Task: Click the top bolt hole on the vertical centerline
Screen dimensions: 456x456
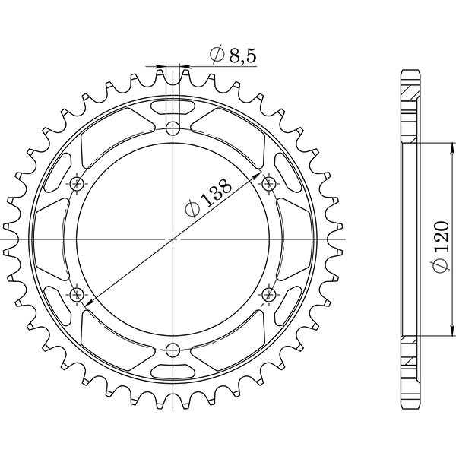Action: (x=173, y=127)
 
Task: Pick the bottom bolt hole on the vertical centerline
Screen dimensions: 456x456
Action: (x=173, y=350)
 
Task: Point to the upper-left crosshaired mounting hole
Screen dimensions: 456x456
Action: (x=77, y=183)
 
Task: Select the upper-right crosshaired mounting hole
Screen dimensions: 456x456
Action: (x=269, y=183)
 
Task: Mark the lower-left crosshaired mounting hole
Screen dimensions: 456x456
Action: (x=77, y=293)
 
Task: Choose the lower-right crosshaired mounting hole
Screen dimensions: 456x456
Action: (x=269, y=293)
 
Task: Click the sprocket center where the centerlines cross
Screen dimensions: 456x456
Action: (x=173, y=239)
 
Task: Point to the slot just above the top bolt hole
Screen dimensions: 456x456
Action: (x=173, y=106)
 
